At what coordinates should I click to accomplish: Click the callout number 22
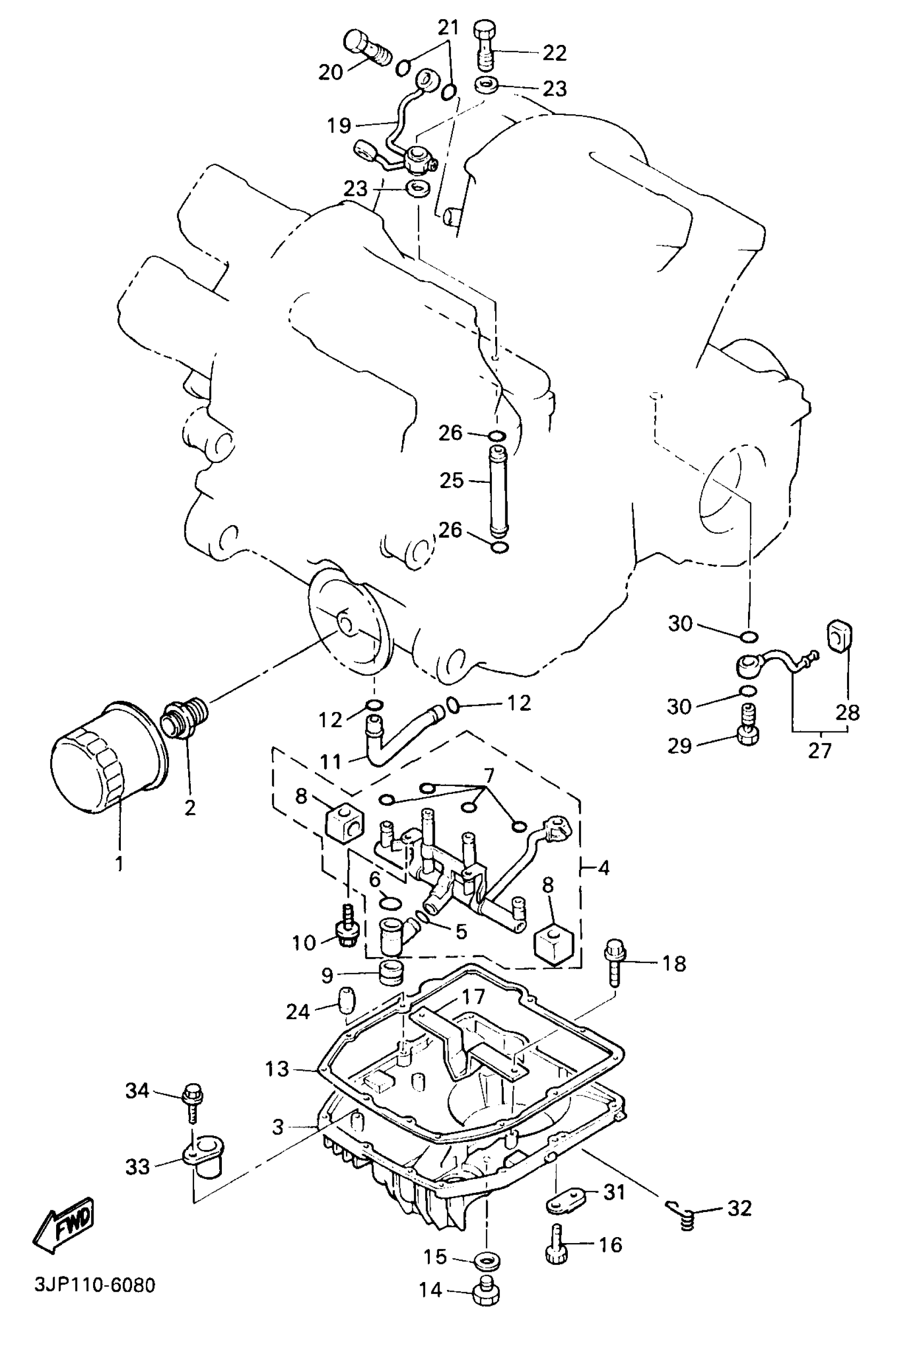click(x=554, y=53)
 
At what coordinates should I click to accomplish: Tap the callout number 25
click(x=451, y=481)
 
